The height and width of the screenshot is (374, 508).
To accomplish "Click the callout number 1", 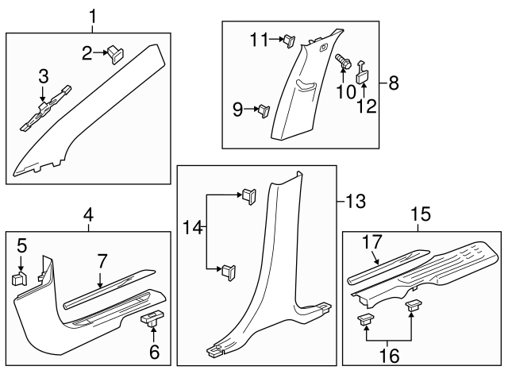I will [93, 15].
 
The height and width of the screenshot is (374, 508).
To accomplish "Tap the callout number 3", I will [44, 76].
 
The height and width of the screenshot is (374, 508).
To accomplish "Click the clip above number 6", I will [150, 319].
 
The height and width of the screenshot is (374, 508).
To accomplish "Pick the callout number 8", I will [394, 83].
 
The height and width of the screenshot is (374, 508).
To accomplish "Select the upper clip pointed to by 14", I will [248, 195].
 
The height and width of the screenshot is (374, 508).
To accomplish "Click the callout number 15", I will [421, 214].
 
